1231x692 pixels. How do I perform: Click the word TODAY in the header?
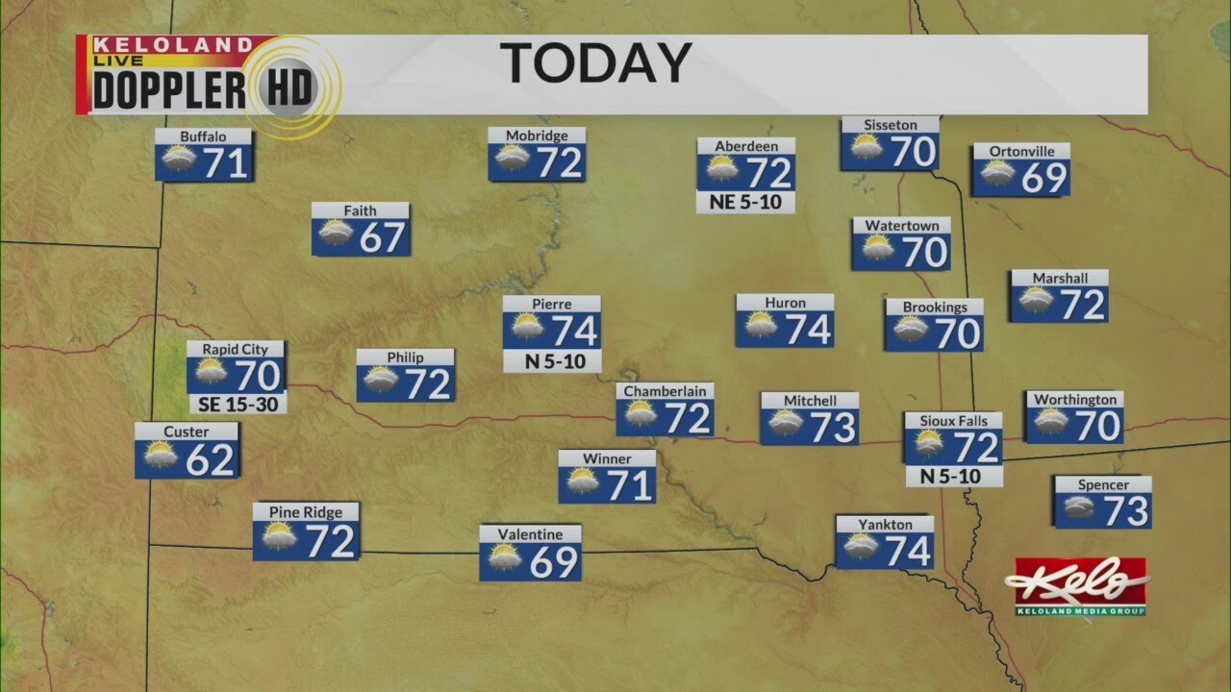click(597, 64)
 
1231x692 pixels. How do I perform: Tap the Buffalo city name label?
click(203, 136)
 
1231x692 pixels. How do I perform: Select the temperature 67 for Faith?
click(382, 238)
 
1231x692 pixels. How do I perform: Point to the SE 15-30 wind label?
click(237, 405)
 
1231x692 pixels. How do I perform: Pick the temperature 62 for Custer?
click(210, 460)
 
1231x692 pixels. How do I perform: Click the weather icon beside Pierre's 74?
click(527, 330)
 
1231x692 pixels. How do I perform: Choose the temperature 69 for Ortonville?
click(1043, 178)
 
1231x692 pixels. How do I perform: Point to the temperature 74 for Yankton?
click(908, 551)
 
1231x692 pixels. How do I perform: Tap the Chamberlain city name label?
click(665, 391)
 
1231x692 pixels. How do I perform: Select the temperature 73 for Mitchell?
click(833, 428)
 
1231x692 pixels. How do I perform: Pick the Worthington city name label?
click(1074, 400)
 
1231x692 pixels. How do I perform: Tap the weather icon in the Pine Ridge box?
click(279, 537)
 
